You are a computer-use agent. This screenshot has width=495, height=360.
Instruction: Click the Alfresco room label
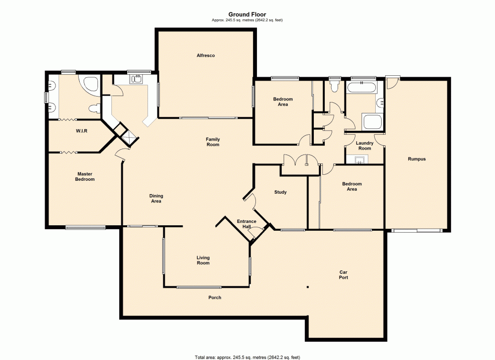[205, 55]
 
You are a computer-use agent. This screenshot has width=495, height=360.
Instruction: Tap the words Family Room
[213, 142]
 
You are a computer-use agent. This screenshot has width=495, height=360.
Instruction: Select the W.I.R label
[82, 131]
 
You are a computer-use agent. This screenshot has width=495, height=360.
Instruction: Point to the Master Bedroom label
[85, 176]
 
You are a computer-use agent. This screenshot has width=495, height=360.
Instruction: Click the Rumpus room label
[417, 159]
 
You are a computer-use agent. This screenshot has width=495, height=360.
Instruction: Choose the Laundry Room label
[365, 146]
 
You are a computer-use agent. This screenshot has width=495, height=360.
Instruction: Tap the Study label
[280, 192]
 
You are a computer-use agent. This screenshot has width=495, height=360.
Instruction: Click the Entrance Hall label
[247, 224]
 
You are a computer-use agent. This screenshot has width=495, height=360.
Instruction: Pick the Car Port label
[343, 275]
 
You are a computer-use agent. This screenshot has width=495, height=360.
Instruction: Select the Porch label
[214, 298]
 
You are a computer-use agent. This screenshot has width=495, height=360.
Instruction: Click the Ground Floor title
[247, 15]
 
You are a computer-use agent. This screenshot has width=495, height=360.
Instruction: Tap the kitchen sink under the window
[135, 78]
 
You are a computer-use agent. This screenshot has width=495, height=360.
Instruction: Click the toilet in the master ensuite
[92, 108]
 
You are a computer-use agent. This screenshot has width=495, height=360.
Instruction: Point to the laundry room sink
[359, 159]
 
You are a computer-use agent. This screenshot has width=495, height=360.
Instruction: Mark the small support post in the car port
[307, 286]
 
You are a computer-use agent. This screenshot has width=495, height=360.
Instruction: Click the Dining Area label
[156, 199]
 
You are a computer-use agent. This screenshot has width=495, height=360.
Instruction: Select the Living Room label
[203, 260]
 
